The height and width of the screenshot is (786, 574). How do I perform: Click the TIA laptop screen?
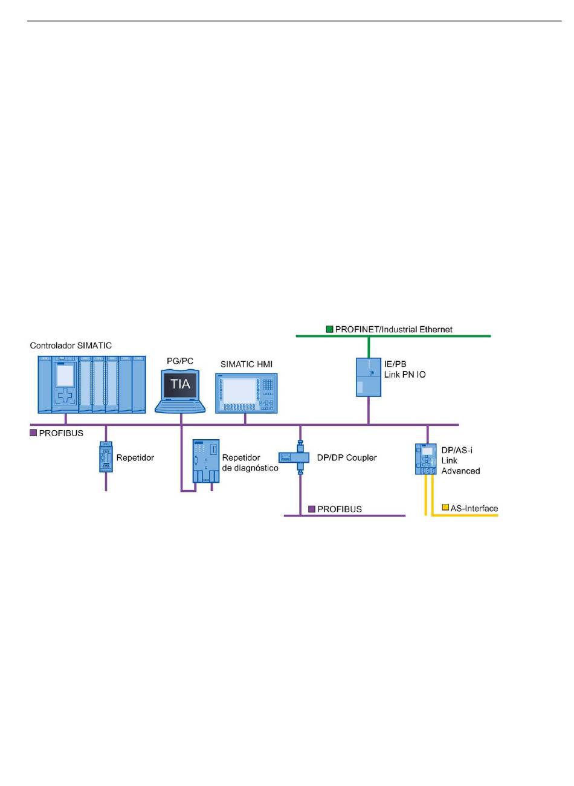coord(180,385)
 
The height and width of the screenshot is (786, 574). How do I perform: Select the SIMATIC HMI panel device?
coord(247,393)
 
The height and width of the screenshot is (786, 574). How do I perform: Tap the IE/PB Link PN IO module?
coord(369,377)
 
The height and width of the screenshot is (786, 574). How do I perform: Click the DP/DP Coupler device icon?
coord(294,457)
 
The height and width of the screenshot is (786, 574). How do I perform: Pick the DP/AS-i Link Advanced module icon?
coord(425,459)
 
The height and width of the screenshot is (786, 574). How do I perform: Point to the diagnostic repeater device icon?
coord(206,461)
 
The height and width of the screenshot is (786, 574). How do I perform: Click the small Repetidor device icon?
coord(106,457)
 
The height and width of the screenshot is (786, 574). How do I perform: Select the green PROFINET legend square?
coord(329,329)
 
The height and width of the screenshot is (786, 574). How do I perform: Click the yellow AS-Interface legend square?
coord(445,507)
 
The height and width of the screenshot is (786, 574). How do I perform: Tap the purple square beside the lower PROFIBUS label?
coord(312,509)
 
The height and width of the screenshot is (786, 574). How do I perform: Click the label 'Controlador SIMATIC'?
coord(71,346)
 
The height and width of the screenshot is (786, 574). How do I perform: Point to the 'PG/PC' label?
coord(180,361)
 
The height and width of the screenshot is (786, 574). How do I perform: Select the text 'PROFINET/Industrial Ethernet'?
coord(394,329)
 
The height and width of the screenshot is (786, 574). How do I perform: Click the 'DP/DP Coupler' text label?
coord(347,457)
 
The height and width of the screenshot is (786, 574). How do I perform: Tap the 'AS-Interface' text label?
coord(474,508)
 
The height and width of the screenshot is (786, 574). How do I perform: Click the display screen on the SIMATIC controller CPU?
coord(65,375)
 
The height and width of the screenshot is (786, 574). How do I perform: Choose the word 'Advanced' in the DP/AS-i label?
coord(460,471)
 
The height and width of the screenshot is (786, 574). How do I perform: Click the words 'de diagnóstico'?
coord(250,468)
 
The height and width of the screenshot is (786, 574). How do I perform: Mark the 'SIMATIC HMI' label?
coord(247,364)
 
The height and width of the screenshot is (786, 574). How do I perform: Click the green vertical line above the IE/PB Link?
coord(369,347)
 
